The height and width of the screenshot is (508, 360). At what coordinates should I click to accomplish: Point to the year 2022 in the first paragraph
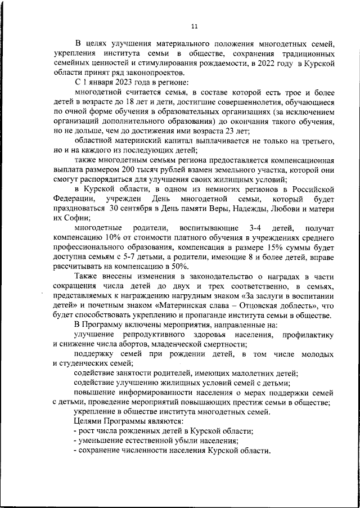click(x=266, y=64)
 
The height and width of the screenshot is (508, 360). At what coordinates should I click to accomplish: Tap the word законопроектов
click(x=155, y=73)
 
